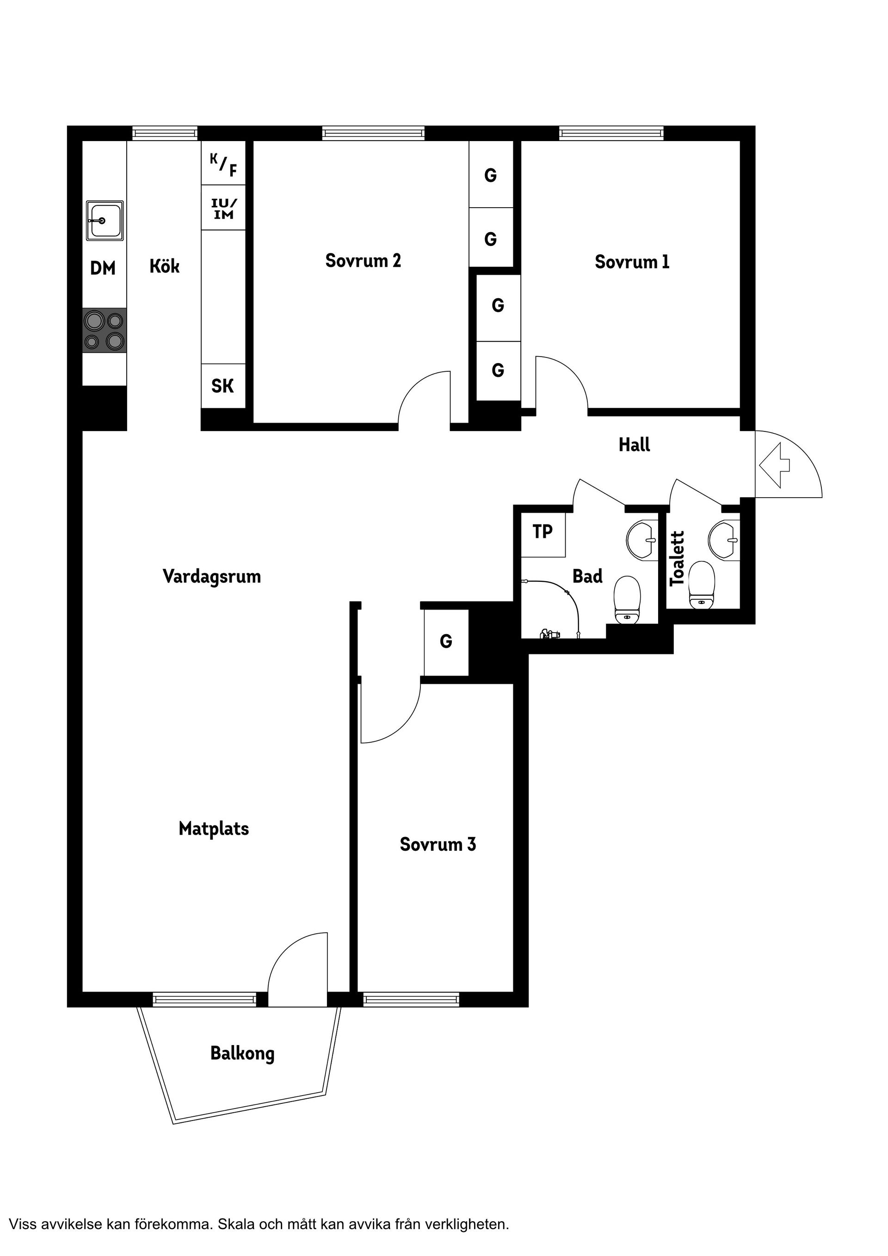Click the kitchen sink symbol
(x=105, y=221)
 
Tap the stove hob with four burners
(x=105, y=330)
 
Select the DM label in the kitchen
(x=103, y=268)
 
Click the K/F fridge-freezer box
(x=223, y=163)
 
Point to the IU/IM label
(x=224, y=209)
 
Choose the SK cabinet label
(x=222, y=386)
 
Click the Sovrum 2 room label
(x=364, y=260)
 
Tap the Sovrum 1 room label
(x=632, y=262)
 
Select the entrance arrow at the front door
(x=774, y=465)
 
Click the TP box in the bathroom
(x=543, y=535)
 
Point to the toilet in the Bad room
(x=627, y=600)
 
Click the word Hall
(x=634, y=445)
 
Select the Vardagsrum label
(x=212, y=577)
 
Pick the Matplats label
(x=214, y=829)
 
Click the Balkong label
(x=242, y=1053)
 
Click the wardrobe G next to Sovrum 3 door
(x=446, y=642)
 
